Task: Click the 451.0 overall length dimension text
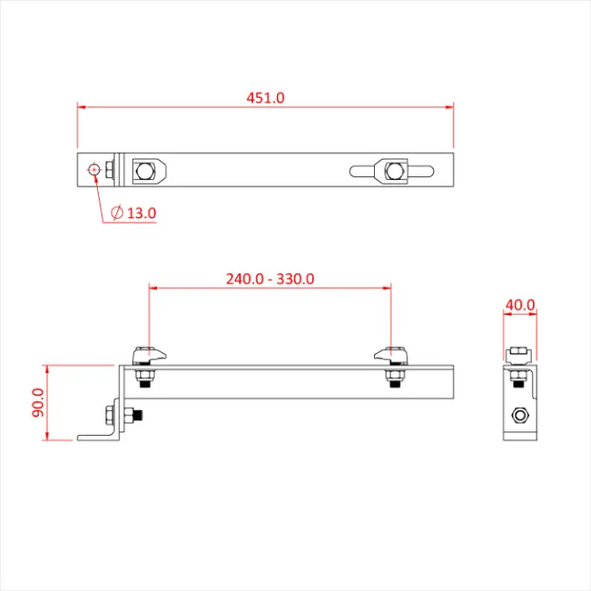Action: [265, 96]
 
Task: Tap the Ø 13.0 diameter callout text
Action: [133, 212]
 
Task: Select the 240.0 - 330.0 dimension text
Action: [271, 278]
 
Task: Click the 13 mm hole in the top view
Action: [94, 169]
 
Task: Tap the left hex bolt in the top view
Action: [144, 170]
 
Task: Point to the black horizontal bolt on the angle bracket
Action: [134, 416]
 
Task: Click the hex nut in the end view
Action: [520, 416]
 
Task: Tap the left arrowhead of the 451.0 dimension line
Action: [81, 107]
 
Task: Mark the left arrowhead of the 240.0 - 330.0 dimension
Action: [154, 287]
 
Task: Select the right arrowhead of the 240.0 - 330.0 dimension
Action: [392, 287]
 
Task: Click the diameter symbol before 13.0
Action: [116, 212]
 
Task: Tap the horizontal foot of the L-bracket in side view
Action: [97, 437]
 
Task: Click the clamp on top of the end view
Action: [519, 355]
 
